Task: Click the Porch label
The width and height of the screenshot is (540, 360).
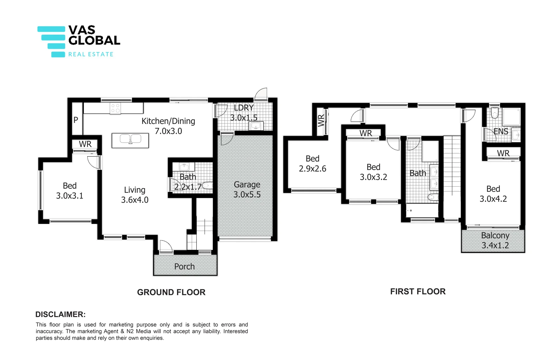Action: coord(184,266)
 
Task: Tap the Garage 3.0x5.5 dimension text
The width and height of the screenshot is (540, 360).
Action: coord(247,195)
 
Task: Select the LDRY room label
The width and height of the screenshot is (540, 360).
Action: coord(244,108)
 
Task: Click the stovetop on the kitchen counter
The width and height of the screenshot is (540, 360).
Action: coord(115,108)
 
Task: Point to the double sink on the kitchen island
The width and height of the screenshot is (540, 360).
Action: coord(130,139)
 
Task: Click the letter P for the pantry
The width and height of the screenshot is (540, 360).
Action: coord(76,120)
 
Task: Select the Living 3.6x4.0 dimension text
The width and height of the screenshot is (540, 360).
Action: coord(135,200)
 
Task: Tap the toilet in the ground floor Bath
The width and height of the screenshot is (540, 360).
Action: coord(207,186)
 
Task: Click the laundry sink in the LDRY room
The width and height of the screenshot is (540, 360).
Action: coord(256,126)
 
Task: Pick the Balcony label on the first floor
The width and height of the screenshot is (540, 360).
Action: coord(495,235)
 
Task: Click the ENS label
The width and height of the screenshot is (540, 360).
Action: coord(501,131)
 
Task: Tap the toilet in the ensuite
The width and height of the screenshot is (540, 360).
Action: coord(494,113)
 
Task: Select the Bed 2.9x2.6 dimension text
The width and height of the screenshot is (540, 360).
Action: coord(312,169)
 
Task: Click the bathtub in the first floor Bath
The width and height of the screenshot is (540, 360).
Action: coord(422,210)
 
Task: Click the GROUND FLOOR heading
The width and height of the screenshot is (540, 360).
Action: coord(171,292)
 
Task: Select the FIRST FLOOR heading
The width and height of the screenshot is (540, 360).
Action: coord(418,291)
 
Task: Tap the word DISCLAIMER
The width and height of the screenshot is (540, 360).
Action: coord(60,314)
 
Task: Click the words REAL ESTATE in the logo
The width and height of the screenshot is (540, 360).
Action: coord(91,54)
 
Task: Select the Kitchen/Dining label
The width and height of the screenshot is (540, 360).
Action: coord(168,121)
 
